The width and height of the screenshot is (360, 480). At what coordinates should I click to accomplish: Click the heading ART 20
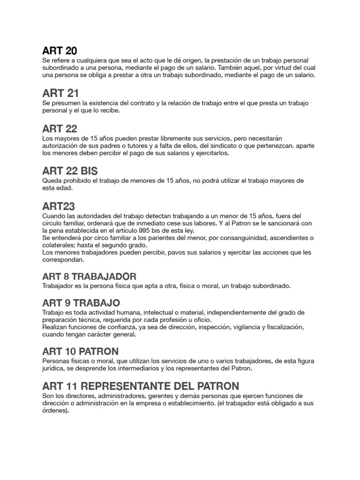[60, 51]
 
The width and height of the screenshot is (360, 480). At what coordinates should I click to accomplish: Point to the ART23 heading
[58, 206]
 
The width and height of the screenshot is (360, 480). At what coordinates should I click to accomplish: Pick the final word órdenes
[55, 411]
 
